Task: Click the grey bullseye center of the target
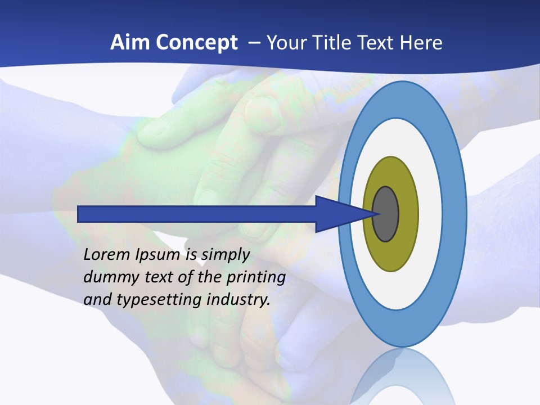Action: coord(386,214)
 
